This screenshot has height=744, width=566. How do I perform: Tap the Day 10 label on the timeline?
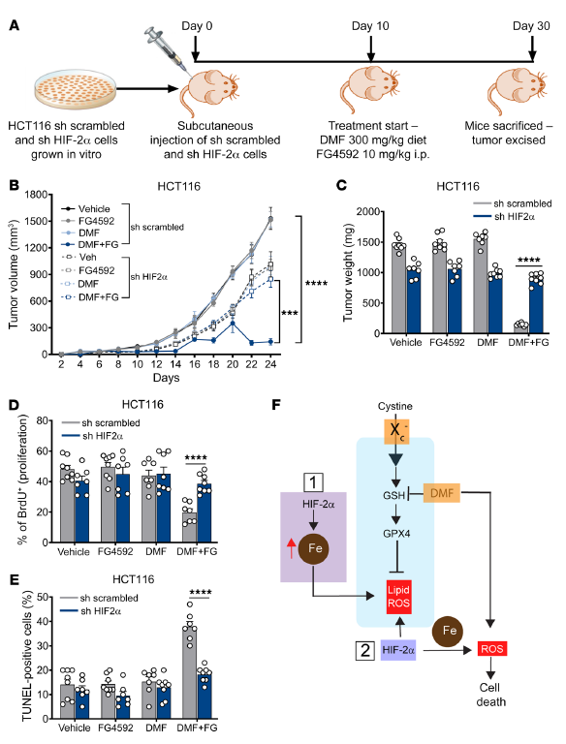370,25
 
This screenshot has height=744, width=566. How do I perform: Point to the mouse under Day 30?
518,90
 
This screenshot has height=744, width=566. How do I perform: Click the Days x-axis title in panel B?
166,378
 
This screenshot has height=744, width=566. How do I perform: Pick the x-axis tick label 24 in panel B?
270,364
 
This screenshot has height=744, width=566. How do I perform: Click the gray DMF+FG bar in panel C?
521,327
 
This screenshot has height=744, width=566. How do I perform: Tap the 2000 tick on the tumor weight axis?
369,211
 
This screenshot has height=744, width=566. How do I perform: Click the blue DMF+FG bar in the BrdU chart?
204,512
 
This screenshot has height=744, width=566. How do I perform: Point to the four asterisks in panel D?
196,458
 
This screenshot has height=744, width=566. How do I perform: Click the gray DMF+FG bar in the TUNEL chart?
190,673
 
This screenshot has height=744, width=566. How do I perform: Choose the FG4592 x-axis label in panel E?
116,728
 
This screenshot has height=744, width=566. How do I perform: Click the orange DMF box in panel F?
442,493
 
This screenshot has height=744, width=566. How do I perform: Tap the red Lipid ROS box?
399,597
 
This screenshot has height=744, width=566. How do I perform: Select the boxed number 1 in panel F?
313,482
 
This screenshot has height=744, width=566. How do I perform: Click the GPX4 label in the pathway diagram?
396,534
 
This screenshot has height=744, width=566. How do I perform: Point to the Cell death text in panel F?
491,695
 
